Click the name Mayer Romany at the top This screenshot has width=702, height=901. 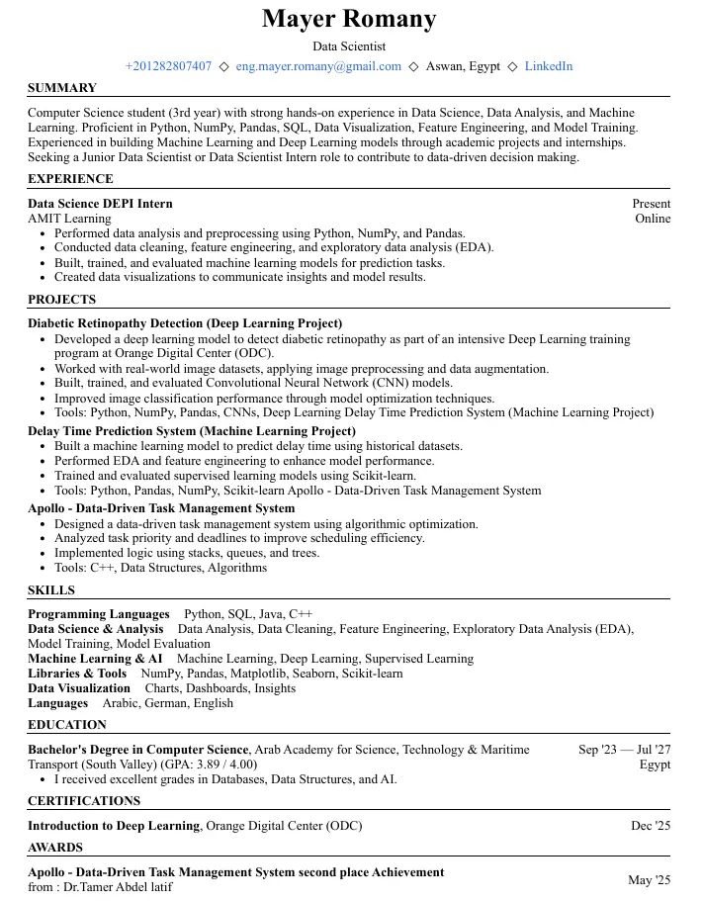click(349, 19)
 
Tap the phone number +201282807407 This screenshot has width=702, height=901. click(168, 66)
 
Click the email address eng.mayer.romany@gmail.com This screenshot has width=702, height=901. click(318, 66)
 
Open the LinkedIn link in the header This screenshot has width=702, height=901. click(548, 66)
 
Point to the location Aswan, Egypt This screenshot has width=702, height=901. click(463, 66)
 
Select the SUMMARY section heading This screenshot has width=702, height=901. click(62, 88)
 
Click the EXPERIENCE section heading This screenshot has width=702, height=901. click(70, 179)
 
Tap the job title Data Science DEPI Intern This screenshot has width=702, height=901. click(100, 204)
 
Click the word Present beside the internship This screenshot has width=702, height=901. click(651, 204)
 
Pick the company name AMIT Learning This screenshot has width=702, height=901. click(69, 219)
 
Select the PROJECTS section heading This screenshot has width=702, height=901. click(61, 300)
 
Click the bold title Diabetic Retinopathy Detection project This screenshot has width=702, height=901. click(185, 323)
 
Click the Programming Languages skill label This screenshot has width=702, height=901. click(98, 614)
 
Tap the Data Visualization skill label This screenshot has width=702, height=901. click(79, 688)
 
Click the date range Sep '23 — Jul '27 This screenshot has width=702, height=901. click(624, 750)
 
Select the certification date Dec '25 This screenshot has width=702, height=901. click(651, 825)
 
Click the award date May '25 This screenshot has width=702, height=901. click(649, 880)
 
